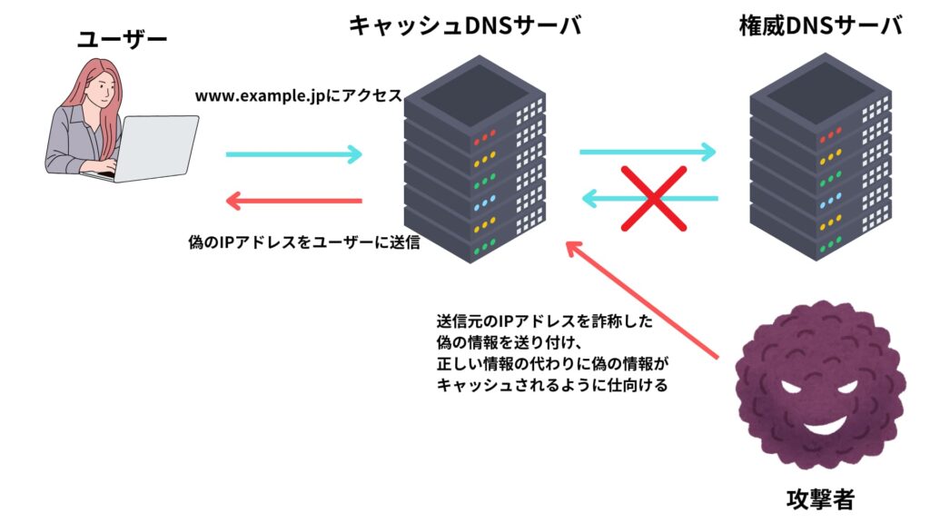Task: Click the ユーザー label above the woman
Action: click(x=123, y=40)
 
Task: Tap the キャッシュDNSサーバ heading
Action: click(x=465, y=25)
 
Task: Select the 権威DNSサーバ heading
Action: click(x=820, y=25)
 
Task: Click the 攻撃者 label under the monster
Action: click(x=820, y=499)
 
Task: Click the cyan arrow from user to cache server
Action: click(x=293, y=154)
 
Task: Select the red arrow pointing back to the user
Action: click(x=293, y=201)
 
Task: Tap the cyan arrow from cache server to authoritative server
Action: click(x=648, y=152)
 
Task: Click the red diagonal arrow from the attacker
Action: click(x=642, y=300)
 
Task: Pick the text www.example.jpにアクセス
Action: click(x=298, y=95)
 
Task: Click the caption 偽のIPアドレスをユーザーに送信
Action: click(x=303, y=242)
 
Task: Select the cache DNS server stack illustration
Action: click(x=474, y=159)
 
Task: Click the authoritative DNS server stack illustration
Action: click(x=820, y=157)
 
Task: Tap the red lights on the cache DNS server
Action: click(x=485, y=139)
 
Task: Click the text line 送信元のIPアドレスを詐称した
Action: click(x=545, y=321)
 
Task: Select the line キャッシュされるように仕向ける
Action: click(x=552, y=385)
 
